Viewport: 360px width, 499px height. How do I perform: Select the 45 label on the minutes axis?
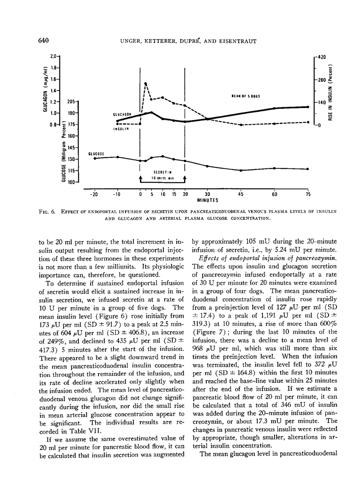[x=240, y=194]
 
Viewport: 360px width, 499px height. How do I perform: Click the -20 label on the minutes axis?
[x=94, y=194]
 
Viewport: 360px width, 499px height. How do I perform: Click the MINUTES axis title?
[x=208, y=200]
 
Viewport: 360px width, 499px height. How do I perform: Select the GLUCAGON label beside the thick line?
[x=121, y=115]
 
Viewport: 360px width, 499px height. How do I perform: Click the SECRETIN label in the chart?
[x=161, y=172]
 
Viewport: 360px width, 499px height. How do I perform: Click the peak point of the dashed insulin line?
[x=146, y=83]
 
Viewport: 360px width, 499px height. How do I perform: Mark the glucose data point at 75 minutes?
[x=308, y=169]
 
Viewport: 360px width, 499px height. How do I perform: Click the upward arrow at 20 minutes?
[x=184, y=178]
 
